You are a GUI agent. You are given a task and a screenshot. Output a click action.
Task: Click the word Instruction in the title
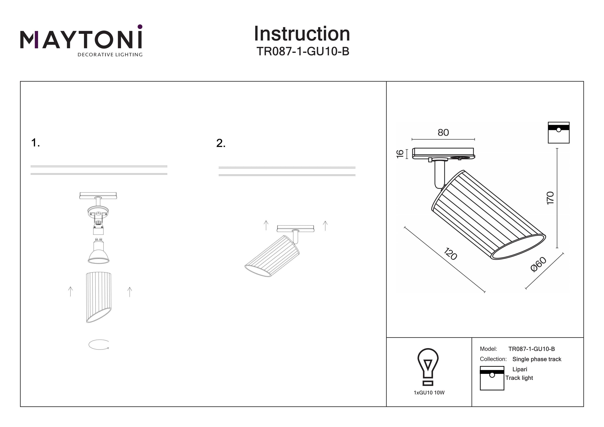(x=302, y=34)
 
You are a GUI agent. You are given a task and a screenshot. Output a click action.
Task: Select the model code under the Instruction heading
(x=303, y=51)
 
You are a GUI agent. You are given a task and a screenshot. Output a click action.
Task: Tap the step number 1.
(x=35, y=143)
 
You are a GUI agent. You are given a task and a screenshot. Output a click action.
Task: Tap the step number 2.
(x=221, y=143)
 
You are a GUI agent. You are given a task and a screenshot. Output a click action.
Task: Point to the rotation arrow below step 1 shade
(x=99, y=345)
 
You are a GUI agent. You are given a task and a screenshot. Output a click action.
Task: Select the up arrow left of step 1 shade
(x=70, y=292)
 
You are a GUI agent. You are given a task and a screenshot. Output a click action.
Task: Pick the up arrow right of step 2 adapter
(x=325, y=226)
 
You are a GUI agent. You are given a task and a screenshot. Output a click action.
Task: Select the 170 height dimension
(x=550, y=198)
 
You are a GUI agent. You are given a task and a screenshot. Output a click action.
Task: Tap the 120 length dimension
(x=450, y=254)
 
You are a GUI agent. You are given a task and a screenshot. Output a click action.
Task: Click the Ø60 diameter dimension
(x=539, y=264)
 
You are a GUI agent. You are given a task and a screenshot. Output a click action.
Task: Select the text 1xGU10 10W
(x=429, y=393)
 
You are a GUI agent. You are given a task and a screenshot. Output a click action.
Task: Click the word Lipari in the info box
(x=520, y=369)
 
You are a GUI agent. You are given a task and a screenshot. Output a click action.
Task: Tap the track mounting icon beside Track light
(x=492, y=378)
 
